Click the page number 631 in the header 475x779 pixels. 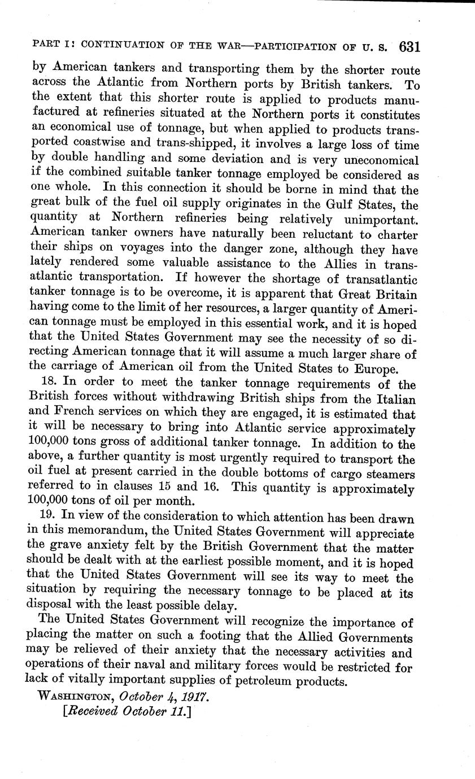pyautogui.click(x=409, y=47)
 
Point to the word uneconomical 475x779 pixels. pyautogui.click(x=376, y=160)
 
